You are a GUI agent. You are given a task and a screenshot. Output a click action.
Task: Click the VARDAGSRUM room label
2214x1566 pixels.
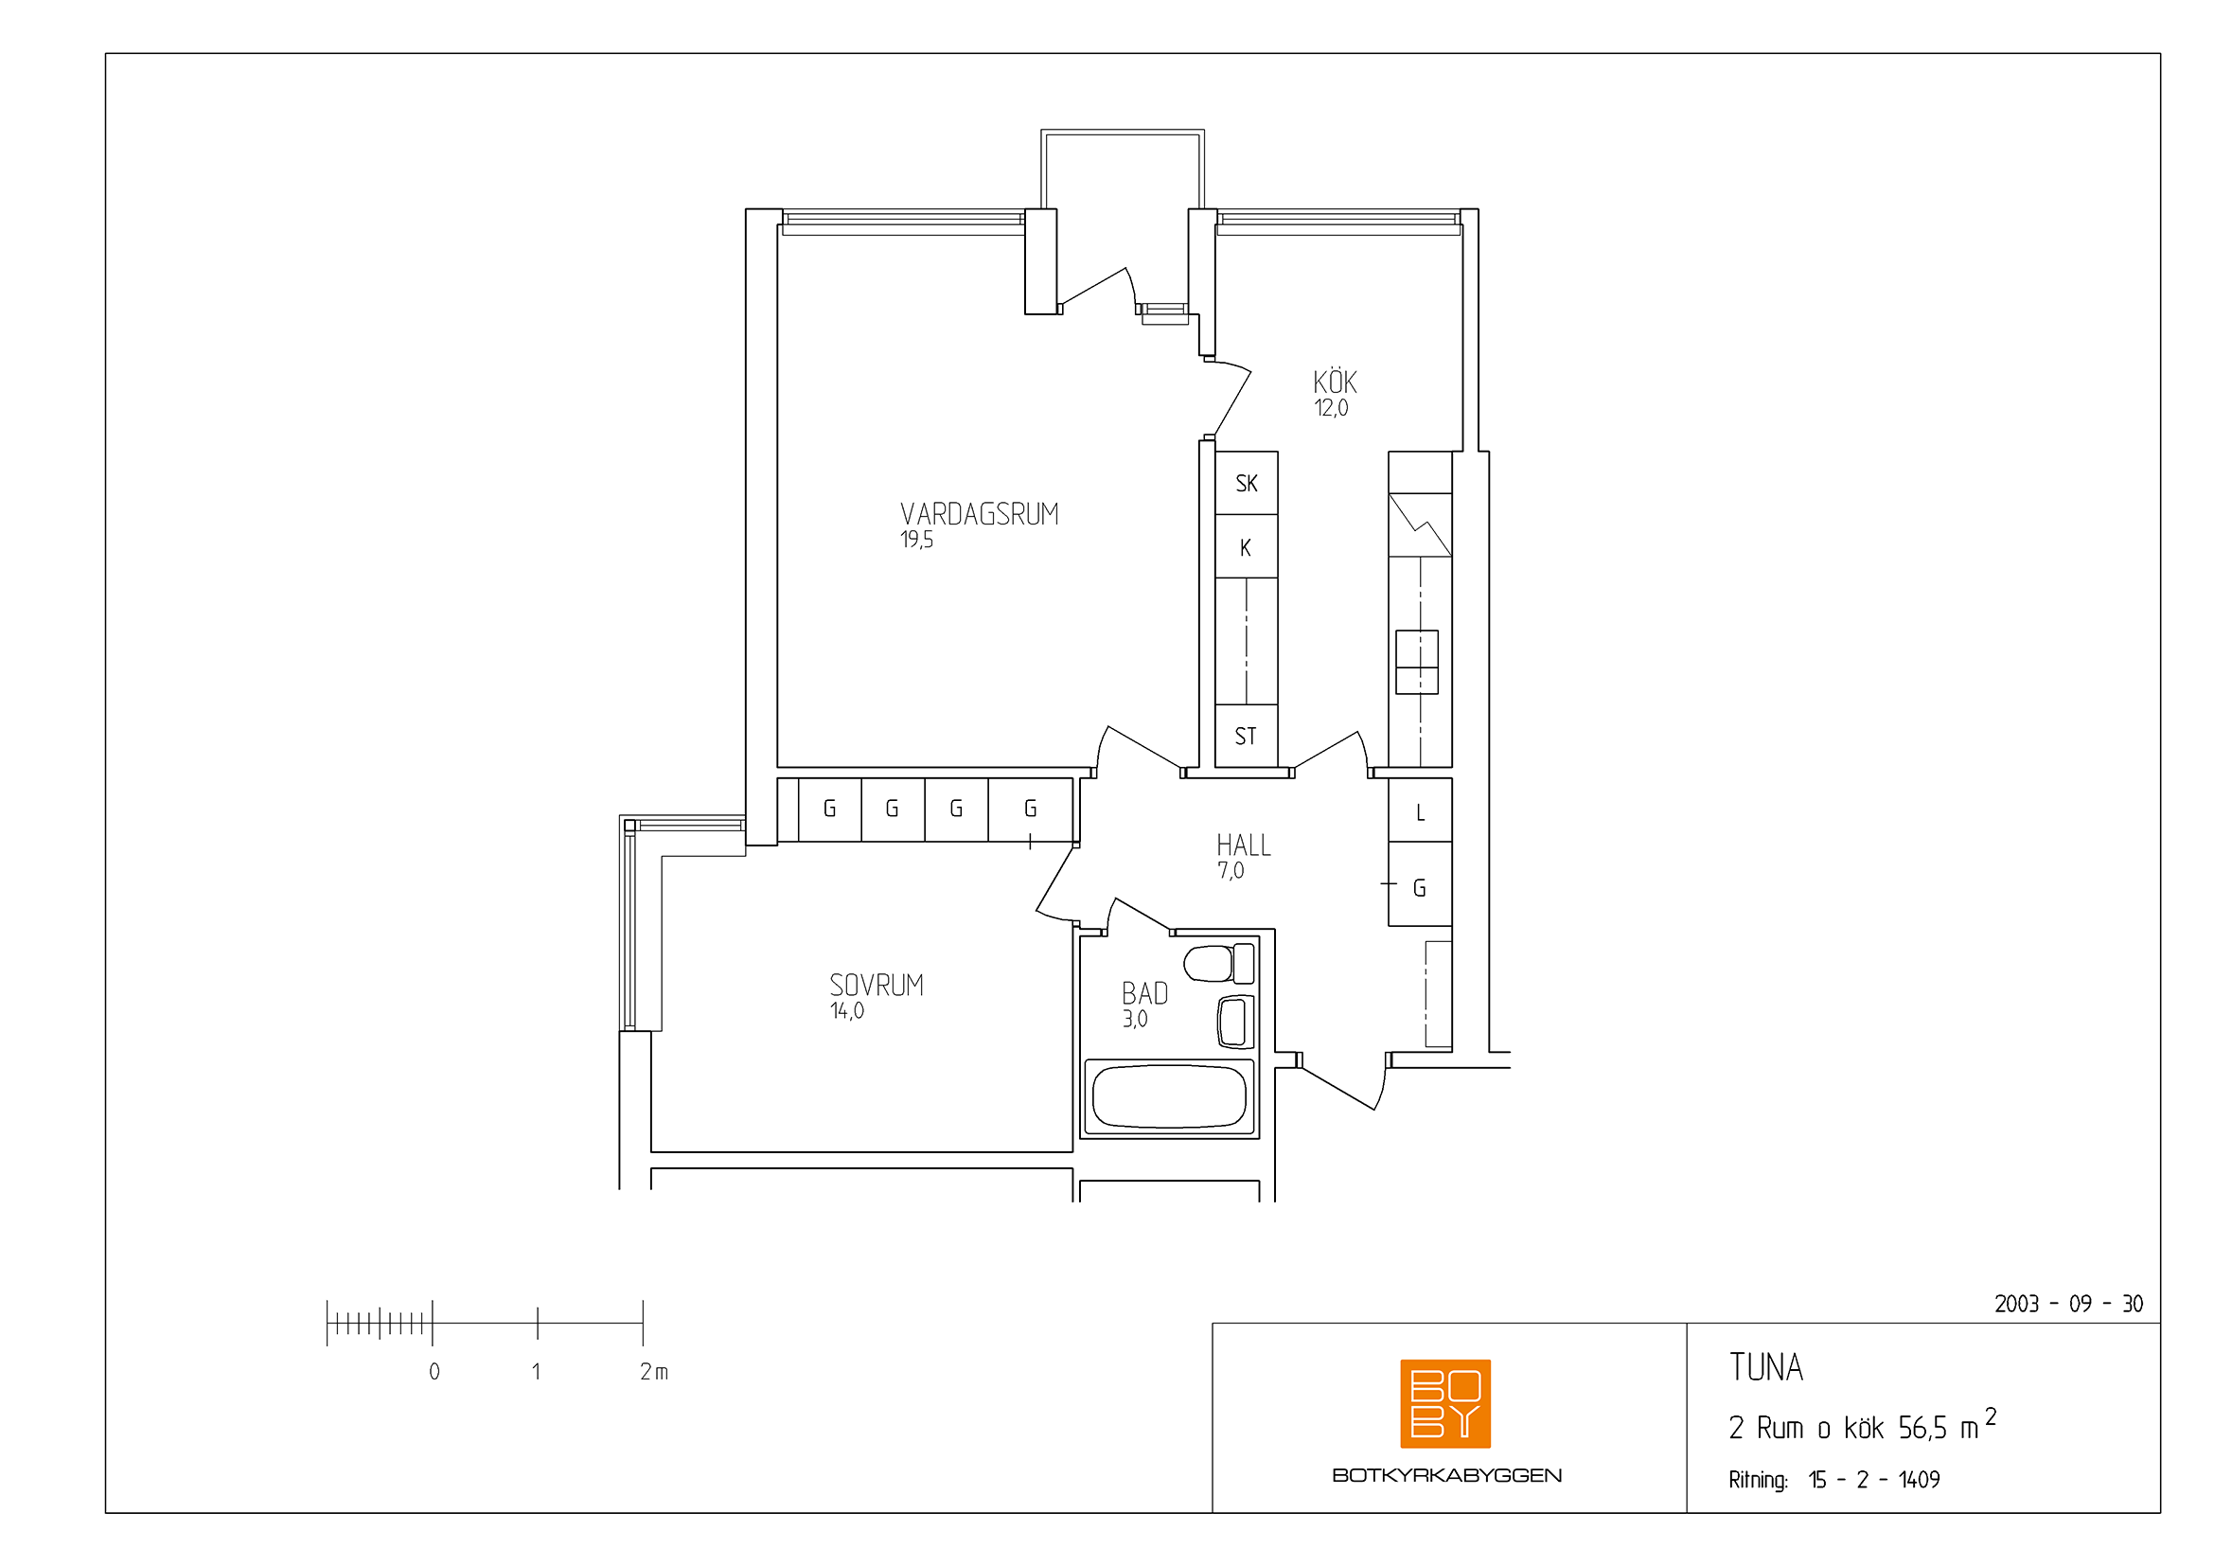(x=979, y=514)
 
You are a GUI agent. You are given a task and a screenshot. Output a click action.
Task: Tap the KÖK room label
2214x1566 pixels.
(x=1335, y=382)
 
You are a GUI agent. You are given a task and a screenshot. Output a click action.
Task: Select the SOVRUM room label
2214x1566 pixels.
(x=877, y=985)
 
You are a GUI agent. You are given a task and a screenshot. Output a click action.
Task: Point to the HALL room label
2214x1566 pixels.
(x=1243, y=845)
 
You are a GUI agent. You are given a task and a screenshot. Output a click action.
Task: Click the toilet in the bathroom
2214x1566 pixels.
(x=1219, y=963)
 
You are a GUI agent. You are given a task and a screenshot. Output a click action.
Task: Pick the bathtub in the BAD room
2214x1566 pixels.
(x=1169, y=1096)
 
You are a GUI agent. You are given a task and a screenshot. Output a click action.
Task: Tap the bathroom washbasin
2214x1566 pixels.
(x=1235, y=1023)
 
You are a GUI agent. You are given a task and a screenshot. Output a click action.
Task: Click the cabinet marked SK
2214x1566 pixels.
(x=1246, y=483)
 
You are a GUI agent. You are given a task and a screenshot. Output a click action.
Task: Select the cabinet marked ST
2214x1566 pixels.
(x=1246, y=737)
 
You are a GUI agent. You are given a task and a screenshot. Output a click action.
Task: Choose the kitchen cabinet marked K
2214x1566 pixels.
(x=1246, y=546)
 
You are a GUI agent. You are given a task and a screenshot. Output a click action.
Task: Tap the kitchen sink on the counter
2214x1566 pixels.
(x=1417, y=663)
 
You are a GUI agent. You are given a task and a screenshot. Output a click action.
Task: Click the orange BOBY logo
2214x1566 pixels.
(x=1444, y=1404)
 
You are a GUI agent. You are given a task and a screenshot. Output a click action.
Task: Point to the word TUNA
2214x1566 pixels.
(x=1765, y=1367)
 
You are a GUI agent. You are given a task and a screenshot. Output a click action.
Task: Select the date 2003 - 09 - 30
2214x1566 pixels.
(x=2068, y=1304)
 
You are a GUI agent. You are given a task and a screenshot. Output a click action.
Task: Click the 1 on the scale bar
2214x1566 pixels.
(x=536, y=1371)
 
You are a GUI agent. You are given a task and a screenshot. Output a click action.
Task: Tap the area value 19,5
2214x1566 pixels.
(x=917, y=540)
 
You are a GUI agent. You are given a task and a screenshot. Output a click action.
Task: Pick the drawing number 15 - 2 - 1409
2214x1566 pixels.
(x=1873, y=1479)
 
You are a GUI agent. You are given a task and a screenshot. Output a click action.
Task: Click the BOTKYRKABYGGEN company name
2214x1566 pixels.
(x=1446, y=1475)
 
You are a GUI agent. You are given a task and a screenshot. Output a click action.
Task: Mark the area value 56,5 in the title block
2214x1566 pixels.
(x=1922, y=1428)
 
